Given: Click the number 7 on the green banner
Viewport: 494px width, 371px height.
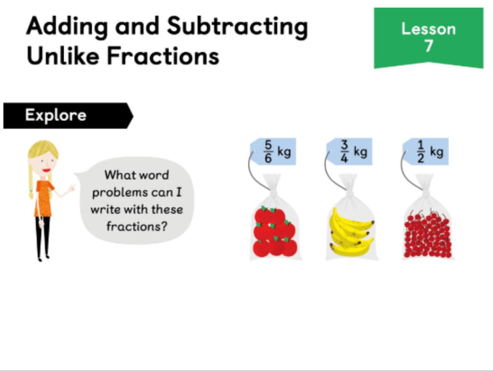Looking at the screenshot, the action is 428,46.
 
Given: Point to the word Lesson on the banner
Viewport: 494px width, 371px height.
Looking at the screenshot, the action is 428,29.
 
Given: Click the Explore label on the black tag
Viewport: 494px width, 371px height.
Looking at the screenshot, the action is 56,115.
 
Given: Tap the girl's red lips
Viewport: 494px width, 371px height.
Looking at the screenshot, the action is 47,171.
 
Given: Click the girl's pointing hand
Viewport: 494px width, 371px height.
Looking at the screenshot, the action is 72,188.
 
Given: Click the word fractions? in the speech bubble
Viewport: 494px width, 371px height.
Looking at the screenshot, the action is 137,227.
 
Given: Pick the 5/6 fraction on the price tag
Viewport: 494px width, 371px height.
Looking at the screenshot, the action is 268,152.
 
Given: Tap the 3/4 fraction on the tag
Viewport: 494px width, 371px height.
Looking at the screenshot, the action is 344,152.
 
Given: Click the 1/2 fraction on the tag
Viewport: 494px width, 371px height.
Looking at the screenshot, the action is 420,152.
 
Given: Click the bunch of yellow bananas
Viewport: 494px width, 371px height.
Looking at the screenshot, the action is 351,232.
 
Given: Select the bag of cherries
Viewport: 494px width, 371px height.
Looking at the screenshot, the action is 428,218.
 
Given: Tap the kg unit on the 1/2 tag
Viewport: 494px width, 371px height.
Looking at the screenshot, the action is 437,152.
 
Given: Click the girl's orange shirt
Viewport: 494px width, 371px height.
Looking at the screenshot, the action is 44,199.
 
